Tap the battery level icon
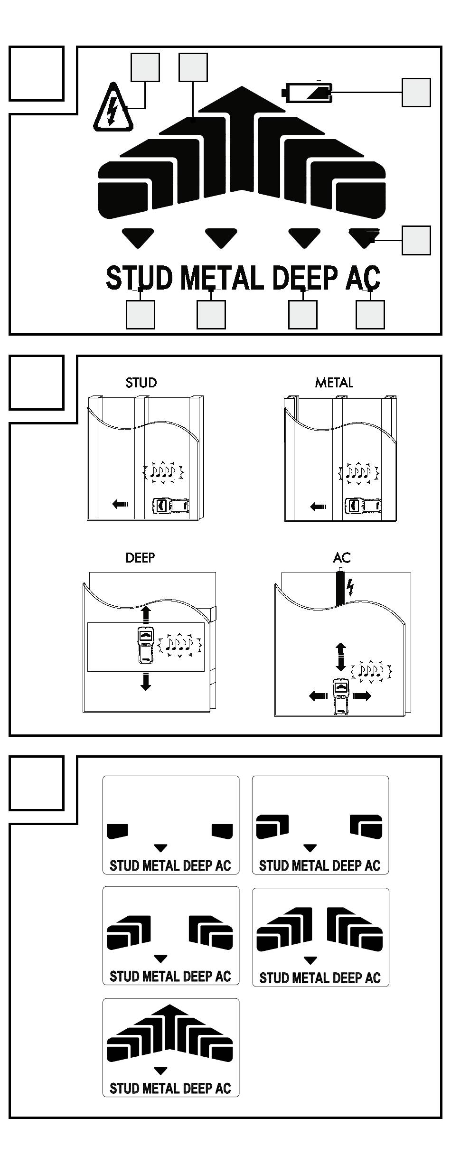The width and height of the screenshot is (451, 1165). pos(308,92)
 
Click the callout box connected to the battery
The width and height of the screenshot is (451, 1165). pos(416,92)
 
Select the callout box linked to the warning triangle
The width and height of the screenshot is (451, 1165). pos(145,67)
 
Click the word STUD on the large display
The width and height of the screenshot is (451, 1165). pos(139,278)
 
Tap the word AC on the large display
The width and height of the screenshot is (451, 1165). pos(363,278)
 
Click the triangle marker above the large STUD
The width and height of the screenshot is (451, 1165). pos(138,237)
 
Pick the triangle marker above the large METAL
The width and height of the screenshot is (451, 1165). pos(221,237)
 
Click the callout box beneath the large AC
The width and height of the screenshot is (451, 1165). pos(370,314)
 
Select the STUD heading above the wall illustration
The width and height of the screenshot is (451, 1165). pos(141,383)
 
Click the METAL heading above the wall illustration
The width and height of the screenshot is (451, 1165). pos(334,383)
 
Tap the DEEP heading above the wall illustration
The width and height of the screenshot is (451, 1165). pos(140,557)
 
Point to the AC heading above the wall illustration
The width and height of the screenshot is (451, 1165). pos(342,557)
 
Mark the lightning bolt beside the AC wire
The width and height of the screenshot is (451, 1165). pos(350,587)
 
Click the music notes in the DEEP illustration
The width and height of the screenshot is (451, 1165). pos(180,644)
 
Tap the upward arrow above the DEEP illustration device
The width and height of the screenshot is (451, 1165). pos(146,613)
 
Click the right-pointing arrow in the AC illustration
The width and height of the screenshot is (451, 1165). pos(362,696)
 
